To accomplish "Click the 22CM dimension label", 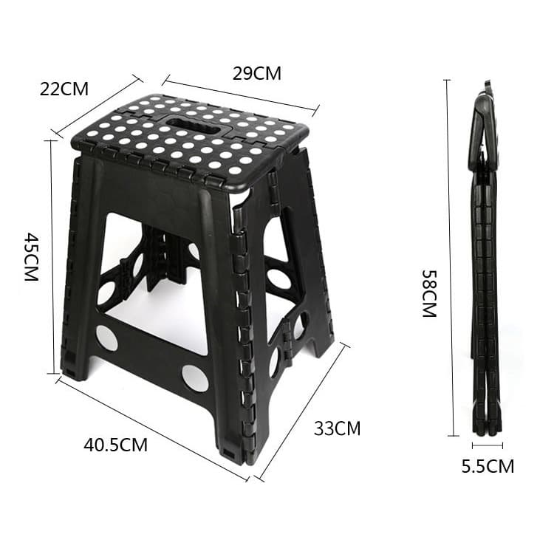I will coord(64,89).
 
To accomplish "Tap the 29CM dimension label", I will coord(256,73).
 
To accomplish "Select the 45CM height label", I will coord(32,256).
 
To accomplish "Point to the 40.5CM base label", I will coord(115,445).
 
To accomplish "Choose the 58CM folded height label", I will coord(429,293).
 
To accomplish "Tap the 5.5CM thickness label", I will coord(488,466).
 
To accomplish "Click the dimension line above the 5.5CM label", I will coord(488,445).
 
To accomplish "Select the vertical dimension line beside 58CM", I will coord(448,259).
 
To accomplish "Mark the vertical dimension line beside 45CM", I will coord(52,257).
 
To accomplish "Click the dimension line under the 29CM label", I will coord(241,95).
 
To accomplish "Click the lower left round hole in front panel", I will coord(106,338).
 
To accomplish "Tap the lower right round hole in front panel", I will coord(195,377).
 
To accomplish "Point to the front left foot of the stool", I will coord(74,366).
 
